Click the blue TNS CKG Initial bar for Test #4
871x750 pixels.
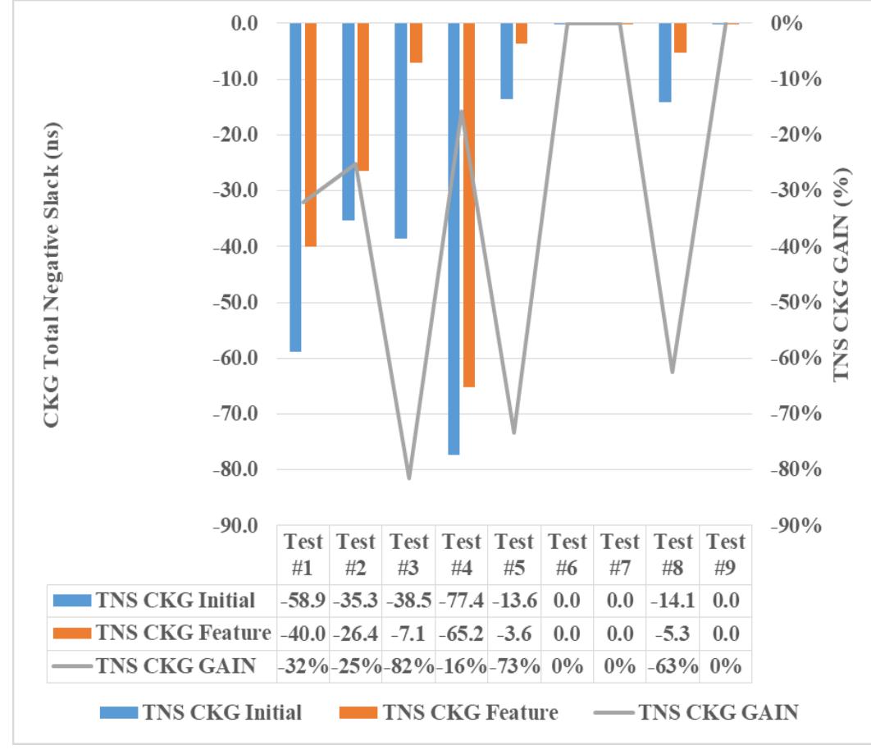(454, 238)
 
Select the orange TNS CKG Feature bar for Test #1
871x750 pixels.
(311, 135)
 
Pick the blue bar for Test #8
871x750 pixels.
(664, 62)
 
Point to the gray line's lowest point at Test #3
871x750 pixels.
(408, 478)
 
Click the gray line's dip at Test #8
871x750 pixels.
(673, 372)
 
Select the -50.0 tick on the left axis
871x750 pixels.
(235, 303)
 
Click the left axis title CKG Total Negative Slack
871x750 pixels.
(52, 275)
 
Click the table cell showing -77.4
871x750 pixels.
(462, 601)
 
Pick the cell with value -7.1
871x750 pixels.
(409, 633)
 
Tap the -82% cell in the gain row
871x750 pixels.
(409, 666)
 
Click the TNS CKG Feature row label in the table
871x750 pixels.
(182, 633)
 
